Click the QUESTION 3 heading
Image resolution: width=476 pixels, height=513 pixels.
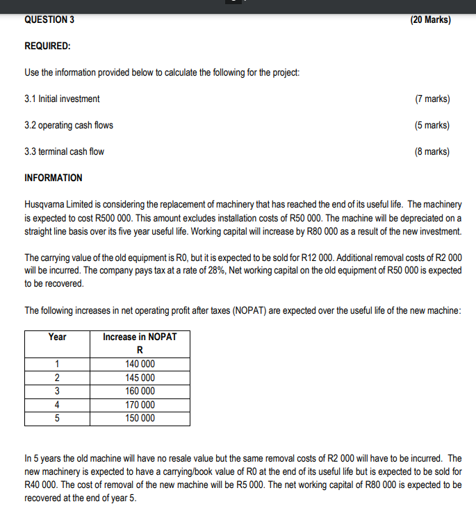tap(49, 19)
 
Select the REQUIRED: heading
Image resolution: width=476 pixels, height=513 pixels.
tap(47, 46)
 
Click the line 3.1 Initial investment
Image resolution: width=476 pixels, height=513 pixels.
tap(62, 99)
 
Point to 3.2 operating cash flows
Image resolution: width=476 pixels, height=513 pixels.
tap(69, 125)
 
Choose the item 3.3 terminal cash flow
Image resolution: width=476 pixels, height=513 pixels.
tap(65, 151)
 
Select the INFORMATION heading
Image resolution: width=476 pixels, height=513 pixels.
tap(54, 178)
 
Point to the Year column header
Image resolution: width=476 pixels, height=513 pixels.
tap(58, 337)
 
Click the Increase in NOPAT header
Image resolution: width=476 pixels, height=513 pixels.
tap(140, 337)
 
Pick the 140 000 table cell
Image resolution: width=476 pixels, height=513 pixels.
tap(140, 364)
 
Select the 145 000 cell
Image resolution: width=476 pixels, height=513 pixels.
tap(140, 378)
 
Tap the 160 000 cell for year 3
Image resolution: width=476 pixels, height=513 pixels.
tap(140, 391)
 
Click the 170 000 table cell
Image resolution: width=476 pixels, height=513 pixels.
tap(140, 405)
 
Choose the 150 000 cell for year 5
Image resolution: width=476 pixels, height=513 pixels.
tap(140, 418)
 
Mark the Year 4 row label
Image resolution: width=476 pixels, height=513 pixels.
tap(58, 405)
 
